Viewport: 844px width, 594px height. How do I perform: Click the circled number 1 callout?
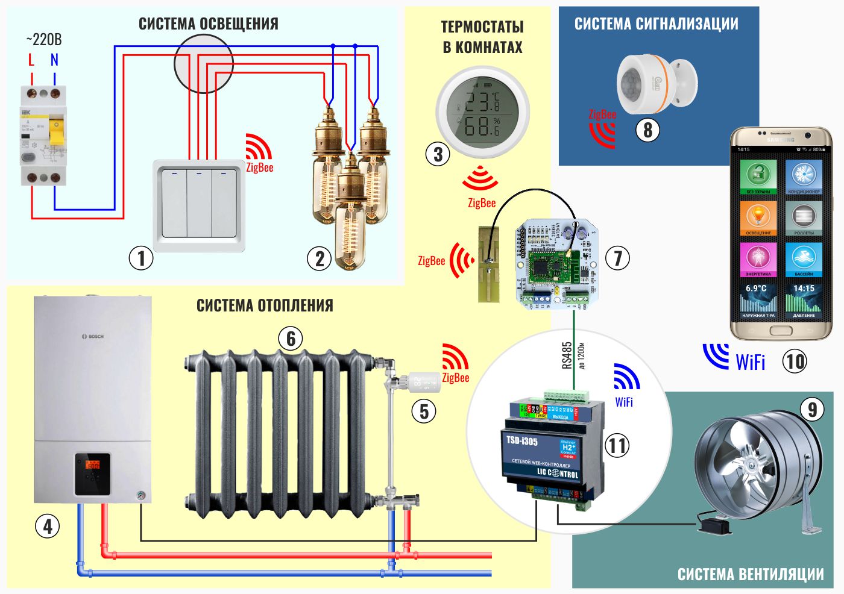(x=141, y=258)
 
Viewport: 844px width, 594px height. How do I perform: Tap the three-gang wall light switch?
(x=199, y=205)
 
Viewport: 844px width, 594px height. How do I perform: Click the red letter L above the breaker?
(x=31, y=60)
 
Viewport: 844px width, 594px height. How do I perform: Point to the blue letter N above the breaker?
(x=55, y=60)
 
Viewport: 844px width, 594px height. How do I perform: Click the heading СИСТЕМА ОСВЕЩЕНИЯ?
(x=209, y=24)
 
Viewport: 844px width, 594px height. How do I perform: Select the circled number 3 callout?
(x=438, y=154)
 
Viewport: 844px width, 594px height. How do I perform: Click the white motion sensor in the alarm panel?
(x=656, y=83)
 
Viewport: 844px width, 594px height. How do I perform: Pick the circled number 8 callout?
(x=648, y=130)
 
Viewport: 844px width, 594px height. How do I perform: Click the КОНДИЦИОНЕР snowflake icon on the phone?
(x=804, y=176)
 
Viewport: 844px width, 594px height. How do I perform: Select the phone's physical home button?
(x=781, y=331)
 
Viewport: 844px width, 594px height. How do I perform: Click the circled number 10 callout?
(x=795, y=361)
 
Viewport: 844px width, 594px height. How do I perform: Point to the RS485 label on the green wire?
(x=567, y=355)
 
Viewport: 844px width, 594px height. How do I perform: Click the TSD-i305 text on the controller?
(x=522, y=441)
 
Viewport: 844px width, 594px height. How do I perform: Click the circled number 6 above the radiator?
(x=291, y=339)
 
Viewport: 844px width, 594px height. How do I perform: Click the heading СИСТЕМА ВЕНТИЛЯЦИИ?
(x=751, y=574)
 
